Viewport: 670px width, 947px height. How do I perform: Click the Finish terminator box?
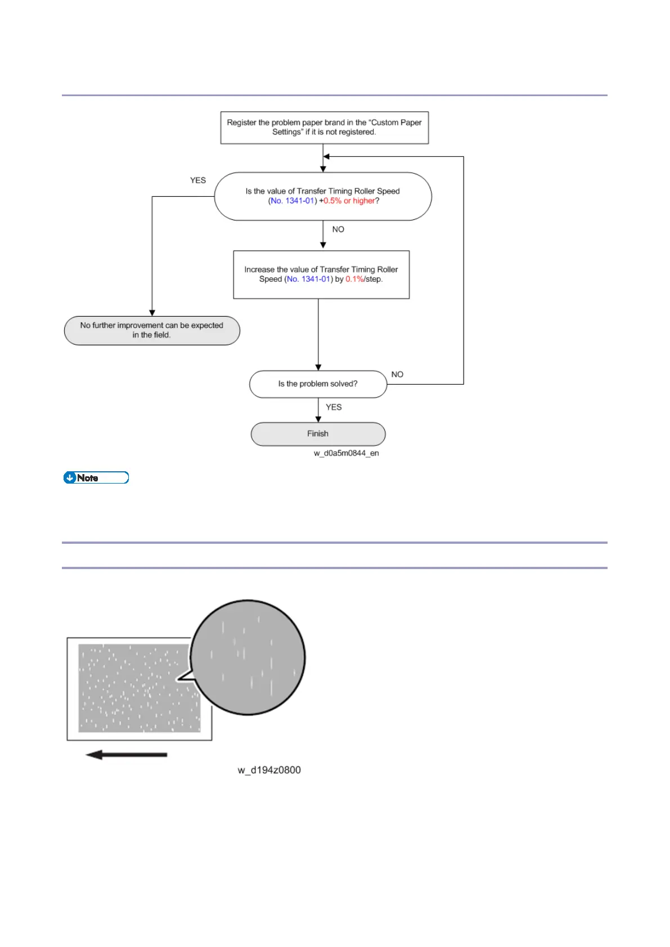point(318,434)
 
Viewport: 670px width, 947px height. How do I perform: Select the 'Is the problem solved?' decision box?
point(318,384)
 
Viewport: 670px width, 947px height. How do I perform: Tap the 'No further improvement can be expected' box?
point(151,330)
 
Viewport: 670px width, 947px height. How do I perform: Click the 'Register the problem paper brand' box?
point(324,128)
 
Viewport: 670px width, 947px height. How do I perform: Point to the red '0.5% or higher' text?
point(349,201)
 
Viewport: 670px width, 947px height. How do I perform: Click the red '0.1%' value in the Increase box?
point(354,279)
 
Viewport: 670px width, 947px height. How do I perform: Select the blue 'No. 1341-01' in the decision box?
point(292,201)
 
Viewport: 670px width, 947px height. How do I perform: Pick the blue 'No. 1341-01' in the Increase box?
point(308,279)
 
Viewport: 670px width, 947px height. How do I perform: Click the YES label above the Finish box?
point(334,407)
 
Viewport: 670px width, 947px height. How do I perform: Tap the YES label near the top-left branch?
point(198,181)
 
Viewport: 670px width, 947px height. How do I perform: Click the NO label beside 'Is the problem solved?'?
point(397,375)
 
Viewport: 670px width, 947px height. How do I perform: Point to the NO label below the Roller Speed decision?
point(338,229)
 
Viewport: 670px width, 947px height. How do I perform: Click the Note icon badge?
point(96,478)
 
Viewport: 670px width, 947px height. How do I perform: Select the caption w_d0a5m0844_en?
point(346,453)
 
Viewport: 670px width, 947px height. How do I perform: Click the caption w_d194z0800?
point(269,770)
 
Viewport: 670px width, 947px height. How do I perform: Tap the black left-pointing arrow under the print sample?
point(126,755)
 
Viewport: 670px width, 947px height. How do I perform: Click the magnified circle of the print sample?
point(248,657)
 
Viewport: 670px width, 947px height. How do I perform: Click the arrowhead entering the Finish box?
point(318,419)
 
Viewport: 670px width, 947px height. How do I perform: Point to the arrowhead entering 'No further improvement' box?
point(152,313)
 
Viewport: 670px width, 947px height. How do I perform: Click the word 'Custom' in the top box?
point(384,123)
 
